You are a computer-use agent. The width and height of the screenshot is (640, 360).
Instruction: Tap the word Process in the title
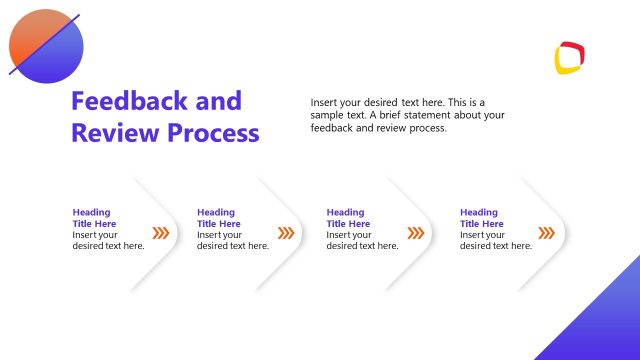coord(212,132)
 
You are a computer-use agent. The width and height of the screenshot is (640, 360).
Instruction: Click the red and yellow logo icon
coord(569,57)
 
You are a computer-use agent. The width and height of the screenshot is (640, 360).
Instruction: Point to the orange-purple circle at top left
coord(45,46)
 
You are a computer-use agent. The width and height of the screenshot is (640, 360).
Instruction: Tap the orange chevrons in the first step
coord(160,233)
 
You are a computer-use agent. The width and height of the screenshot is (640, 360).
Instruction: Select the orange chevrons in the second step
coord(286,233)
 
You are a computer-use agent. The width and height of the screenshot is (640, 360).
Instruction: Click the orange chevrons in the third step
coord(416,233)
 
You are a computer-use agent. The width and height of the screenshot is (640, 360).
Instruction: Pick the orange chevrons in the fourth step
coord(546,233)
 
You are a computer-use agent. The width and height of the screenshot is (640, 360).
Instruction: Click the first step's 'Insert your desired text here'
coord(108,240)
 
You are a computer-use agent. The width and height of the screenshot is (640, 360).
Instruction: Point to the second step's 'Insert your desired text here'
coord(233,240)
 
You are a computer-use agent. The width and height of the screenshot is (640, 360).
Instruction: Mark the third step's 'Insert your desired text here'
coord(362,240)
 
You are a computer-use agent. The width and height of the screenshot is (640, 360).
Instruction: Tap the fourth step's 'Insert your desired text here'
coord(495,240)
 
